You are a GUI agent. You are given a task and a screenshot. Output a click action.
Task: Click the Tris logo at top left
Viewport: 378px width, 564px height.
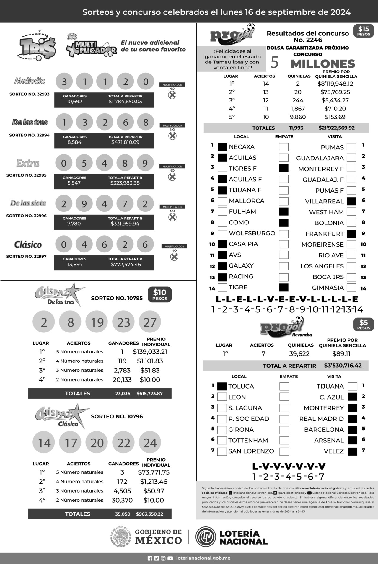(x=37, y=45)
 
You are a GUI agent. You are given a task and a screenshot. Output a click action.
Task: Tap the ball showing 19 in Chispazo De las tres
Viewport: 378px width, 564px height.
(x=97, y=322)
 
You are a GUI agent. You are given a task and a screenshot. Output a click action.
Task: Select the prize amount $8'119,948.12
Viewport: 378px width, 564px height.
(x=335, y=84)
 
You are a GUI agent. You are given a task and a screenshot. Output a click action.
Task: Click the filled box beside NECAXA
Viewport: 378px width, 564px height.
(x=222, y=147)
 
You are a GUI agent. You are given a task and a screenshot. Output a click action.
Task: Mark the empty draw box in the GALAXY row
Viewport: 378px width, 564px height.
(x=283, y=266)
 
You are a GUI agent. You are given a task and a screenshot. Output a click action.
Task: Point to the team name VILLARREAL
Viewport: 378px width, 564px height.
(x=324, y=201)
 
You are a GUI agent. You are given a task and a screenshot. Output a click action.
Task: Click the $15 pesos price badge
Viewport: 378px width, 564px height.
(x=364, y=31)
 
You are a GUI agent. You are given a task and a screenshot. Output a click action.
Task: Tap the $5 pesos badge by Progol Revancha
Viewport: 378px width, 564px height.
(x=364, y=325)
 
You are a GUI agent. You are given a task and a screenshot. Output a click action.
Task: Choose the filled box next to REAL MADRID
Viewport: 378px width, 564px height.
(x=352, y=419)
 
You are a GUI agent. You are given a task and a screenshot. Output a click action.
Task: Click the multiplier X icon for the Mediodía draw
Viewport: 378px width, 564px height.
(x=172, y=95)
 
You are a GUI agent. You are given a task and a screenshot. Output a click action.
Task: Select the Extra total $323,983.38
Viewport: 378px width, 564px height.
(x=125, y=183)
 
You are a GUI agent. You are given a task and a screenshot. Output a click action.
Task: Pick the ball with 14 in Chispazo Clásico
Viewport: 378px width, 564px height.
(x=44, y=443)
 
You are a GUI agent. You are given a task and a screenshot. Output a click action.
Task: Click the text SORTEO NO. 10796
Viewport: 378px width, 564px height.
(x=117, y=416)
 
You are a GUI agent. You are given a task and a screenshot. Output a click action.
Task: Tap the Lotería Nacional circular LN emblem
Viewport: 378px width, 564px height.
(x=206, y=537)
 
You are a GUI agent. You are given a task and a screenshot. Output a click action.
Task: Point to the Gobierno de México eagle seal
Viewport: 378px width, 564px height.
(x=121, y=537)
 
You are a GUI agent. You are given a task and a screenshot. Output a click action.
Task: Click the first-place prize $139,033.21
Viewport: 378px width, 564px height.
(x=150, y=352)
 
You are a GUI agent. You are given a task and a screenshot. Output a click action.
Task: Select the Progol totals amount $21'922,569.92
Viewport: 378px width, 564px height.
(x=336, y=128)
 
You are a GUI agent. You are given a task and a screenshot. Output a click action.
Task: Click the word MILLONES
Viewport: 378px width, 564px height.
(x=323, y=64)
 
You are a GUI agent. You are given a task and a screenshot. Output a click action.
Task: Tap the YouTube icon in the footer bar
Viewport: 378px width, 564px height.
(x=170, y=558)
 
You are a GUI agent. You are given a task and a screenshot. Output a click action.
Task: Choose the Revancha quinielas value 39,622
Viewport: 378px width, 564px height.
(x=299, y=354)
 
